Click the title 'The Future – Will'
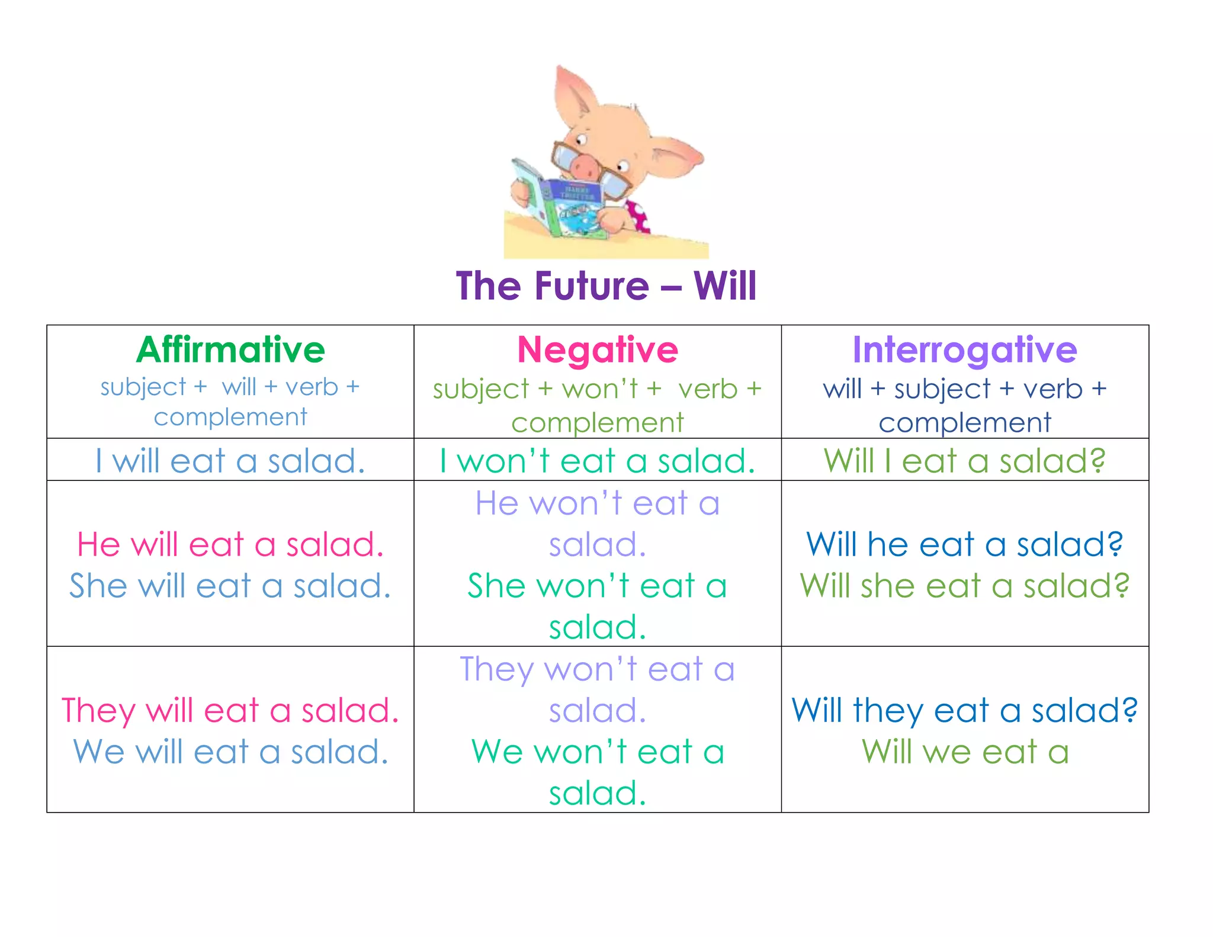coord(606,286)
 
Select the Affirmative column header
coord(230,349)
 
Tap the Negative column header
coord(598,349)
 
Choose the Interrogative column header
coord(964,349)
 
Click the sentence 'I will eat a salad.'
coord(230,461)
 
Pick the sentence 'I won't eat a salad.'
coord(598,461)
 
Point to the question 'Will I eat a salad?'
coord(964,461)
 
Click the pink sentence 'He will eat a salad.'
coord(230,544)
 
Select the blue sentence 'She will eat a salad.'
coord(230,586)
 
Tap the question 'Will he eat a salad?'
coord(964,544)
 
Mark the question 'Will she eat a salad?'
coord(964,586)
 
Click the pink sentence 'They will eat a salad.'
coord(230,710)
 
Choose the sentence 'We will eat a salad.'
coord(230,752)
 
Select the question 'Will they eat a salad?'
coord(964,710)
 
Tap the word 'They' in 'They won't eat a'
coord(496,670)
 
